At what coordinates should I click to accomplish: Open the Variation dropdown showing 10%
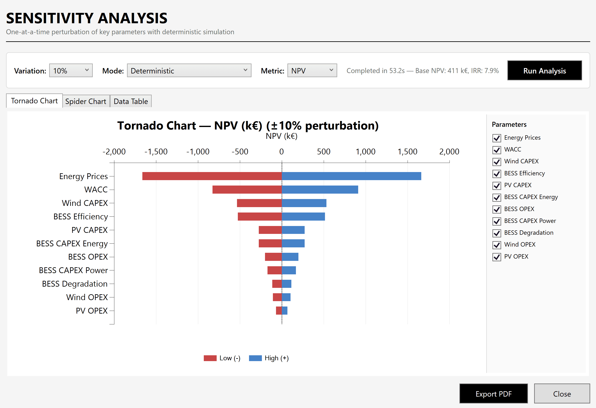[71, 71]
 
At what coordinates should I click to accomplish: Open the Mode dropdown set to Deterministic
[189, 71]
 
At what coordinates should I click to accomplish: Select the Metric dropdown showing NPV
[312, 71]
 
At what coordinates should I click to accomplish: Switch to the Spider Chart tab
[86, 101]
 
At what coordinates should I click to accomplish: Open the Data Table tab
[131, 101]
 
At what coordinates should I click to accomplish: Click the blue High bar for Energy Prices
[351, 176]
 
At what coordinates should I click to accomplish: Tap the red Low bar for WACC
[247, 189]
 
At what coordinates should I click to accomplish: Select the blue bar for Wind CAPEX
[304, 203]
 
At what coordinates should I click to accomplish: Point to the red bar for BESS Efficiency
[260, 216]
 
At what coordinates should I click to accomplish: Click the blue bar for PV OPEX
[285, 310]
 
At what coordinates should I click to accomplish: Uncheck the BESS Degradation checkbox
[497, 233]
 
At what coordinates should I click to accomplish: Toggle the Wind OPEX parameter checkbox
[497, 245]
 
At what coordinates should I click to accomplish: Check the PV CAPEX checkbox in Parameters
[497, 185]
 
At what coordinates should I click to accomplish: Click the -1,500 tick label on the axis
[156, 151]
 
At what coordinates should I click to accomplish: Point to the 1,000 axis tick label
[365, 151]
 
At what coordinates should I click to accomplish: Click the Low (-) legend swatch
[210, 358]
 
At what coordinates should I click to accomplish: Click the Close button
[562, 394]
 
